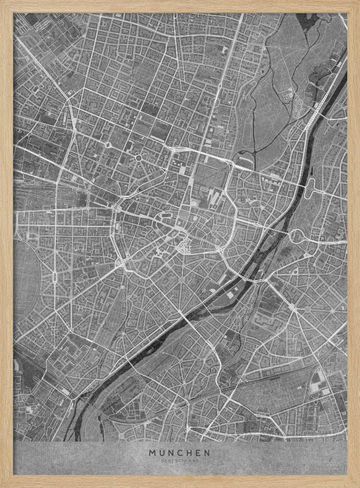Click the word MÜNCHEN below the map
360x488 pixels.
point(180,452)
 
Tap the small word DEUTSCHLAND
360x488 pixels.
point(180,460)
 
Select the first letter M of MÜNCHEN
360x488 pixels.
point(152,452)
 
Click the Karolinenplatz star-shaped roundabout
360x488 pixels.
point(138,158)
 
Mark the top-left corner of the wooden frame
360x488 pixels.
point(2,2)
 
